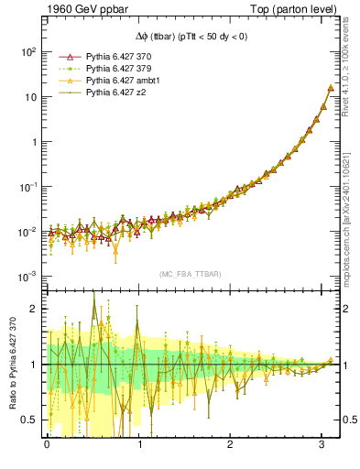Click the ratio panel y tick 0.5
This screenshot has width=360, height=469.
[x=29, y=420]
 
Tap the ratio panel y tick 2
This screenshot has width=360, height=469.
[x=33, y=309]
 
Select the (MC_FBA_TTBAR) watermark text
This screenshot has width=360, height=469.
[x=190, y=274]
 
